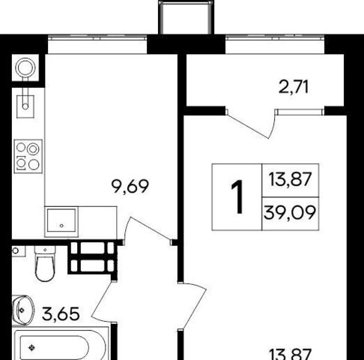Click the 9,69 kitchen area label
point(130,187)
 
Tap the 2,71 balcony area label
point(294,87)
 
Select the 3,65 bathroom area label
point(61,313)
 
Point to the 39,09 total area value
point(290,213)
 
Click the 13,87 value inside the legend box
point(290,179)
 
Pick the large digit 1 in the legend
point(237,196)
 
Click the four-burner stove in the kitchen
point(28,157)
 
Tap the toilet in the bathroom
point(45,263)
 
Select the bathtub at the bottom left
point(61,345)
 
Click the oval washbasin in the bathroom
point(23,310)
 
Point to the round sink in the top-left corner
point(25,67)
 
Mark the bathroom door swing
point(103,301)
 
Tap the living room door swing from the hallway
point(193,306)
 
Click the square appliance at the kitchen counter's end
point(61,222)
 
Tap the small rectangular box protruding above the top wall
point(186,17)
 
